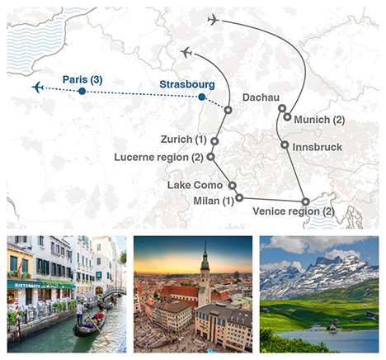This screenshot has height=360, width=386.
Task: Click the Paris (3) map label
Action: click(82, 79)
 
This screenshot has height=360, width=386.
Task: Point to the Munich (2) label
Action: click(319, 121)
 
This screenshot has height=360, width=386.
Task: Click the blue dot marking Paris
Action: click(82, 92)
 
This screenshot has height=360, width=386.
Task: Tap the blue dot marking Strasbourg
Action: click(202, 97)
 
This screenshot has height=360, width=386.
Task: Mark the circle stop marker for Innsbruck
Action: click(285, 146)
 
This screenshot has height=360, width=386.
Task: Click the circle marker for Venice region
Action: click(305, 201)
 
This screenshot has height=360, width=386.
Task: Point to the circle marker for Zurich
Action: click(214, 141)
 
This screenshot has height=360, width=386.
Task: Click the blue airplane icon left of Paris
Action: click(37, 87)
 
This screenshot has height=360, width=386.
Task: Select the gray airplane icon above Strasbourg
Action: click(186, 53)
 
